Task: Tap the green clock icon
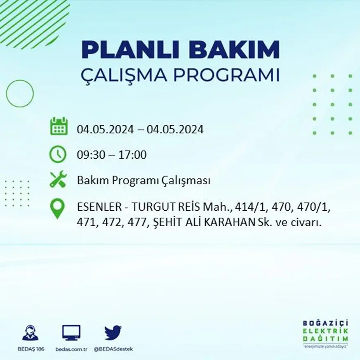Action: tap(58, 154)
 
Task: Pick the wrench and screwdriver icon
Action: tap(58, 180)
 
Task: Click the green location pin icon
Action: tap(57, 208)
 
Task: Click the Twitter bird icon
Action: tap(113, 333)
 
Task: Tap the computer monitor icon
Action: tap(71, 333)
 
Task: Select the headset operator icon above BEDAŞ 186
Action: tap(30, 333)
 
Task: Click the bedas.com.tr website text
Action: tap(71, 349)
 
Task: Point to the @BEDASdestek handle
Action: tap(113, 349)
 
